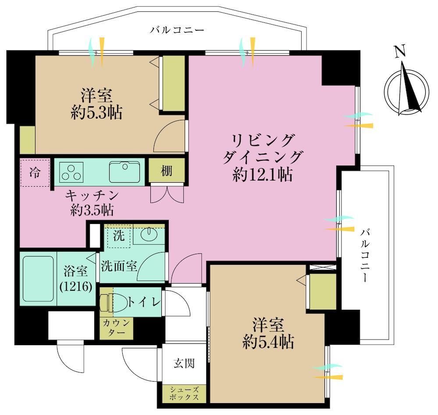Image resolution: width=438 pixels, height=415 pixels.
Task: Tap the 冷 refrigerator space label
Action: point(35,173)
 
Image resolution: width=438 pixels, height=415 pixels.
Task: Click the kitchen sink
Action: point(125,172)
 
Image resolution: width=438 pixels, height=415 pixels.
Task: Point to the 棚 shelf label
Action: point(167,171)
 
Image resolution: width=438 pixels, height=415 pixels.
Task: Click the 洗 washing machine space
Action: point(119,236)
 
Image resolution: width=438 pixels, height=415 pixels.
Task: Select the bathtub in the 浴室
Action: point(38,279)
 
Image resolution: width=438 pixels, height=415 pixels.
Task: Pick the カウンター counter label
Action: point(117,328)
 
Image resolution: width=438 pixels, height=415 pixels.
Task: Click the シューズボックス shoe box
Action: point(184,393)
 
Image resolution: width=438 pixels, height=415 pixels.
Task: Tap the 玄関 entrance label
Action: point(184,363)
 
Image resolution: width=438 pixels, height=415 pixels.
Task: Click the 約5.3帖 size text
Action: point(96,112)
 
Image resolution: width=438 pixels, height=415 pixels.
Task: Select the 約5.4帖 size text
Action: point(268,342)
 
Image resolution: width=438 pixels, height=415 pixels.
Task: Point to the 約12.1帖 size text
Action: point(262,175)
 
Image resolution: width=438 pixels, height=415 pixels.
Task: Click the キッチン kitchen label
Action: point(92,195)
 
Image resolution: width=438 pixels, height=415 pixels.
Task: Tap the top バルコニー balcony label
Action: point(177,30)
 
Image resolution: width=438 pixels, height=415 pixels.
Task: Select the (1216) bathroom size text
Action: point(76,287)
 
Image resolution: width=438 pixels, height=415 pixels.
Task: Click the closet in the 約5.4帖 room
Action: point(323,292)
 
